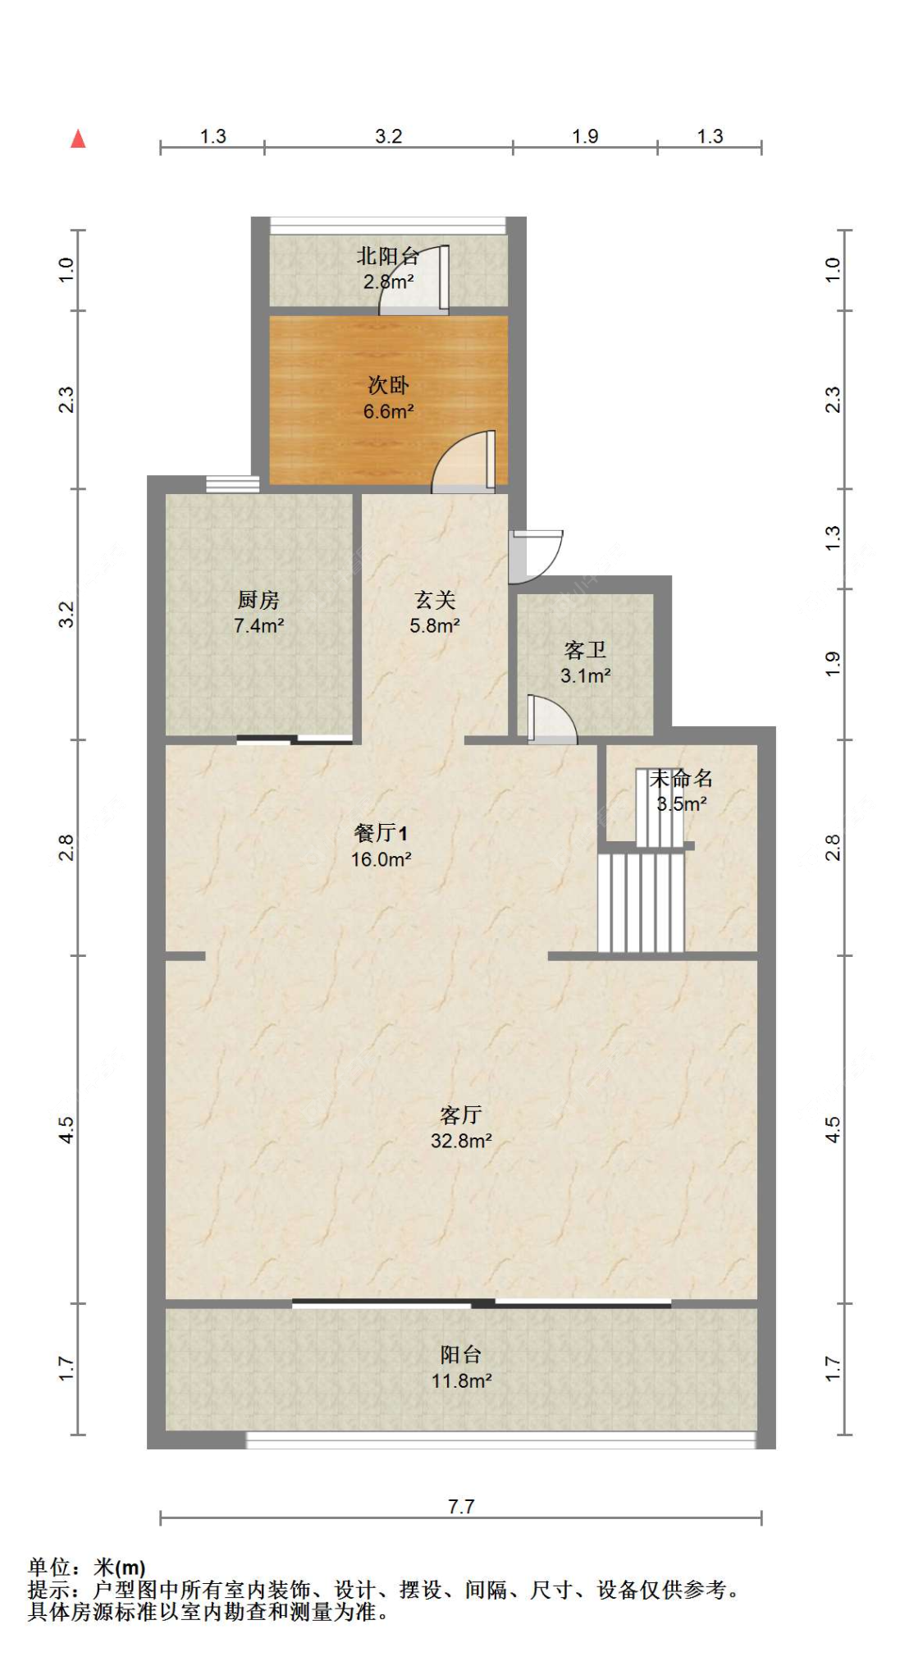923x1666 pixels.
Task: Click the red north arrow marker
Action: [78, 139]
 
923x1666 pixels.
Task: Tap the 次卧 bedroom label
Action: [388, 397]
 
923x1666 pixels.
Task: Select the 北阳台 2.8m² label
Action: [388, 268]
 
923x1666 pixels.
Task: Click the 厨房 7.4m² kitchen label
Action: [258, 612]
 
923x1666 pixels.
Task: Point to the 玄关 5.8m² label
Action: [434, 612]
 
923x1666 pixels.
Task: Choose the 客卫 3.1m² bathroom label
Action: [585, 662]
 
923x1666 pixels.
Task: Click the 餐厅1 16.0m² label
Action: [381, 846]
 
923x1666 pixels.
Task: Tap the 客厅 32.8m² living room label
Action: [460, 1127]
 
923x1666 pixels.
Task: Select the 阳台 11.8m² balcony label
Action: [460, 1367]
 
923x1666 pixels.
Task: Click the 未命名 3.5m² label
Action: [681, 790]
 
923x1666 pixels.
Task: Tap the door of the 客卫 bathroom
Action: [551, 721]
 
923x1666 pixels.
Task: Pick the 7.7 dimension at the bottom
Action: [461, 1506]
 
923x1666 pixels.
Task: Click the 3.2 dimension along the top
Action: [388, 136]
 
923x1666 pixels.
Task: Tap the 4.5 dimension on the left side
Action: [66, 1129]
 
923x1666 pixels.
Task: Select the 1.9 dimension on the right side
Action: [832, 663]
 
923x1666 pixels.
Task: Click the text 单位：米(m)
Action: [87, 1568]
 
